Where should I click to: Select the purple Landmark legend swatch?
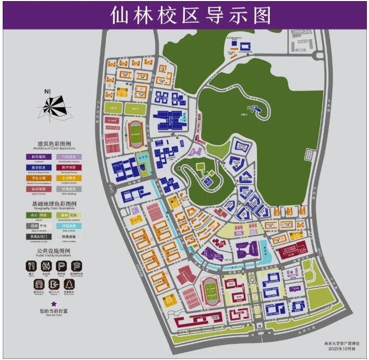pos(38,157)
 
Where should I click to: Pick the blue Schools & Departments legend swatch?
pos(38,167)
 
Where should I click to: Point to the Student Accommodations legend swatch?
pos(38,178)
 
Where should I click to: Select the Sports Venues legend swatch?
pos(38,189)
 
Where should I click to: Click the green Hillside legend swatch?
pos(38,215)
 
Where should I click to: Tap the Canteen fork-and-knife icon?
pos(31,266)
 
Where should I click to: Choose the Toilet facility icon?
pos(47,266)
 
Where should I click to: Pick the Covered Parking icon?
pos(77,266)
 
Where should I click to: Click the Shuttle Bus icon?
pos(39,284)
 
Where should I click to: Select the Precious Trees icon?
pos(69,284)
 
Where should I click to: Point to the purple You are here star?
pos(54,305)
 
